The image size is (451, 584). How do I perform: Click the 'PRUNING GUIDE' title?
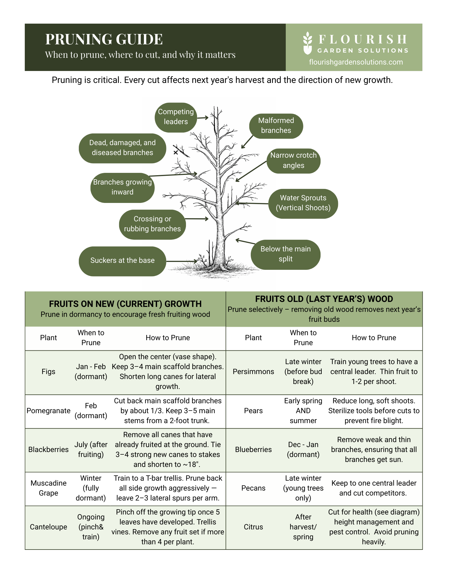[104, 39]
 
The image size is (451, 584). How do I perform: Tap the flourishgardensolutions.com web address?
[356, 62]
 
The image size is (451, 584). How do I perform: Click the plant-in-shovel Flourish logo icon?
[307, 43]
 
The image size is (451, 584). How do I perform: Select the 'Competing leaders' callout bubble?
[176, 117]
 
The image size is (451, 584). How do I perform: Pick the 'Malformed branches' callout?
[276, 126]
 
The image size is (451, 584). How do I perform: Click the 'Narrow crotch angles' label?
[293, 160]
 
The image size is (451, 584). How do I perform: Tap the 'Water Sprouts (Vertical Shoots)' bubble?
[303, 203]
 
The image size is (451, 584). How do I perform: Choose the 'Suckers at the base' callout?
[122, 260]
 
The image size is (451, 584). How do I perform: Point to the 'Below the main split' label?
[285, 254]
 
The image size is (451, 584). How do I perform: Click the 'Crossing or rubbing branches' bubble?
[152, 224]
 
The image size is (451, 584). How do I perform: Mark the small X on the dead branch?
[176, 152]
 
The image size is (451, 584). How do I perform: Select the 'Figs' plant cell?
[48, 372]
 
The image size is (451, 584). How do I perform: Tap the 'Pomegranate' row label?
[48, 411]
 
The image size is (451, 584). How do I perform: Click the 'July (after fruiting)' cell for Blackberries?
[91, 450]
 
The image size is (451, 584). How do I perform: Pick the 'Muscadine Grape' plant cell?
[48, 488]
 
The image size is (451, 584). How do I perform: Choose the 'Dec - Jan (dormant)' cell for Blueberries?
[303, 450]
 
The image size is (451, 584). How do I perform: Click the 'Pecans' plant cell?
[253, 488]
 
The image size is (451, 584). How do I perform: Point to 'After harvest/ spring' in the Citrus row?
[303, 527]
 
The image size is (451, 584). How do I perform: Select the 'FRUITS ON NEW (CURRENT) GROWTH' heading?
[125, 304]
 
